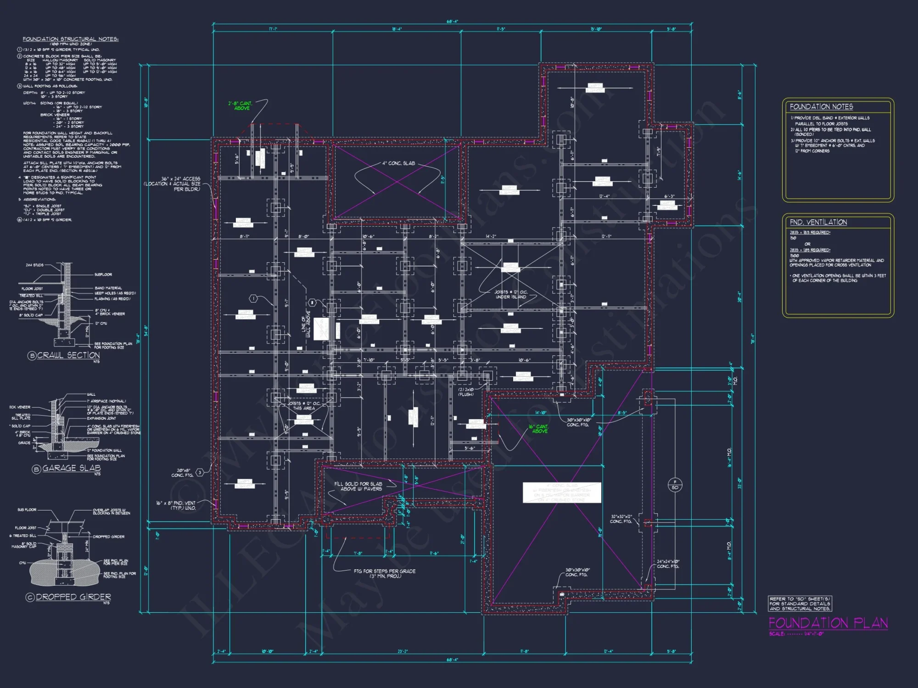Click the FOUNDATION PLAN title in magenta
(828, 623)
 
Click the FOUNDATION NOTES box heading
(821, 107)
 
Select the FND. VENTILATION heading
(818, 222)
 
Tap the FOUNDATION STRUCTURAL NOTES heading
(71, 39)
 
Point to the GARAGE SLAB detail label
(71, 468)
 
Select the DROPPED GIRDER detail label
(73, 597)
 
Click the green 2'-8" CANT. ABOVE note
(240, 105)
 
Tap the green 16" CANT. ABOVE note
(539, 429)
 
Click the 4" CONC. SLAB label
(398, 163)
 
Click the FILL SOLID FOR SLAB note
(358, 486)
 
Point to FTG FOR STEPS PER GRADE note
(385, 573)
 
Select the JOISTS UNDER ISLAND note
(511, 294)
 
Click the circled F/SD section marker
(675, 484)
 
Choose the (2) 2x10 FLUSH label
(465, 392)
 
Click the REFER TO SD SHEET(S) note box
(800, 604)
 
